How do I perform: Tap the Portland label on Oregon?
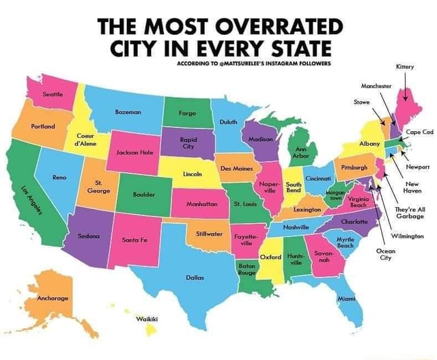click(43, 127)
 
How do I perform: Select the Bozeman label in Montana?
click(128, 110)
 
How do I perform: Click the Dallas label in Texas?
click(194, 278)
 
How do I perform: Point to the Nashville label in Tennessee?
click(297, 226)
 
